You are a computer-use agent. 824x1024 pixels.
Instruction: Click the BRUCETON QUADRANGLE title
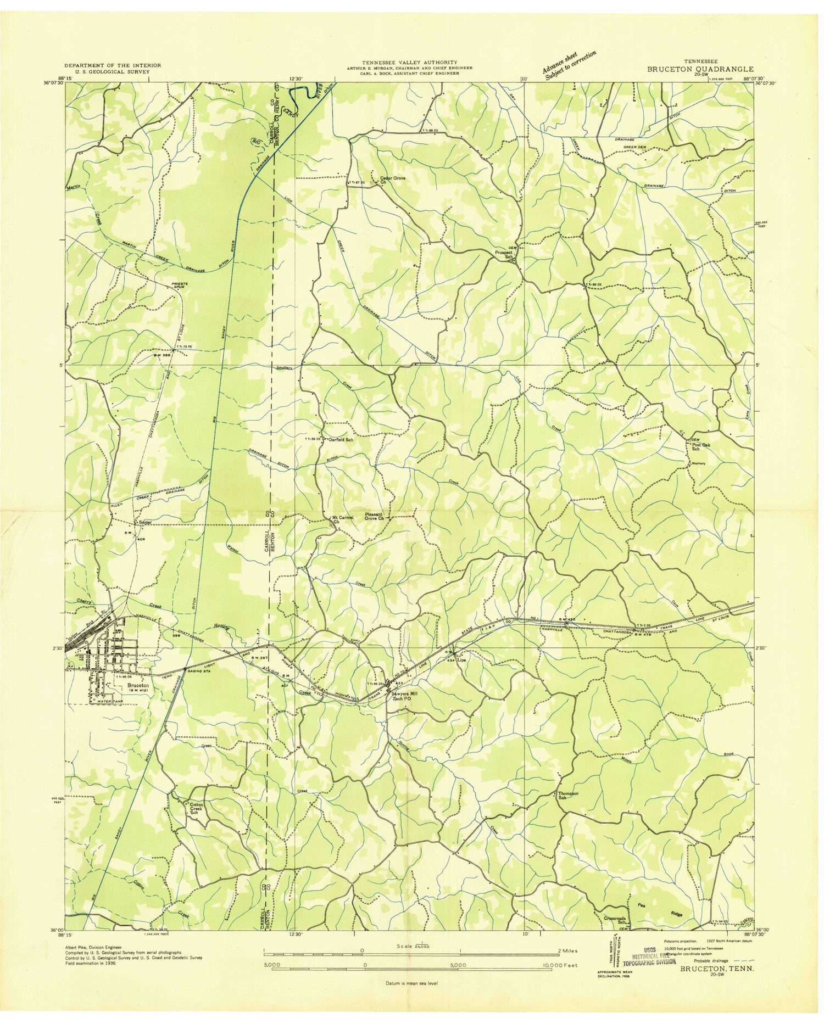coord(700,69)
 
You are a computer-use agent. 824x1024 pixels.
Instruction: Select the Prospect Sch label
coord(504,254)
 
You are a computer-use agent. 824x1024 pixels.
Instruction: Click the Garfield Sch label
coord(341,440)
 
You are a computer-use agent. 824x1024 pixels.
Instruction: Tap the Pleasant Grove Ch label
coord(373,517)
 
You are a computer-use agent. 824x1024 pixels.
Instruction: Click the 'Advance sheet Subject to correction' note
coord(569,65)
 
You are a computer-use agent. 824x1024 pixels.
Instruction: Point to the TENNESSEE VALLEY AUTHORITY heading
coord(409,63)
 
